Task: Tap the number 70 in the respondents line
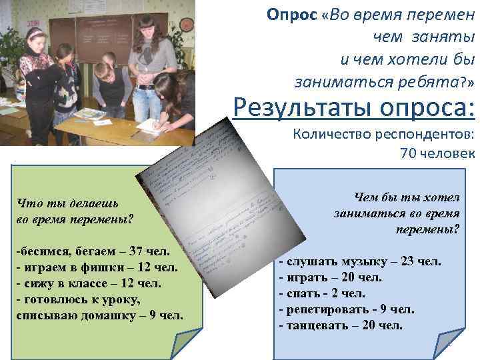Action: tap(409, 153)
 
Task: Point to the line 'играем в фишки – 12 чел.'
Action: tap(97, 268)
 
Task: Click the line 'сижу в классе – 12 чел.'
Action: tap(91, 283)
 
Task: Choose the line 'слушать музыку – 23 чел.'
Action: tap(360, 261)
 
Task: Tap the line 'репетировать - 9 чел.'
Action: tap(347, 309)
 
